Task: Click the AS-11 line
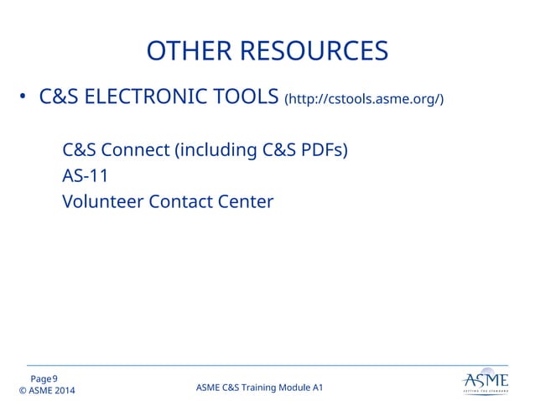(x=85, y=176)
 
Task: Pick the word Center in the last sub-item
(x=246, y=202)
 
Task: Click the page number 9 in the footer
(x=55, y=379)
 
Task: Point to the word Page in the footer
(x=40, y=379)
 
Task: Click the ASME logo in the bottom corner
(x=485, y=383)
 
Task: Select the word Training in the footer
(x=258, y=387)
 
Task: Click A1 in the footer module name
(x=317, y=387)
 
